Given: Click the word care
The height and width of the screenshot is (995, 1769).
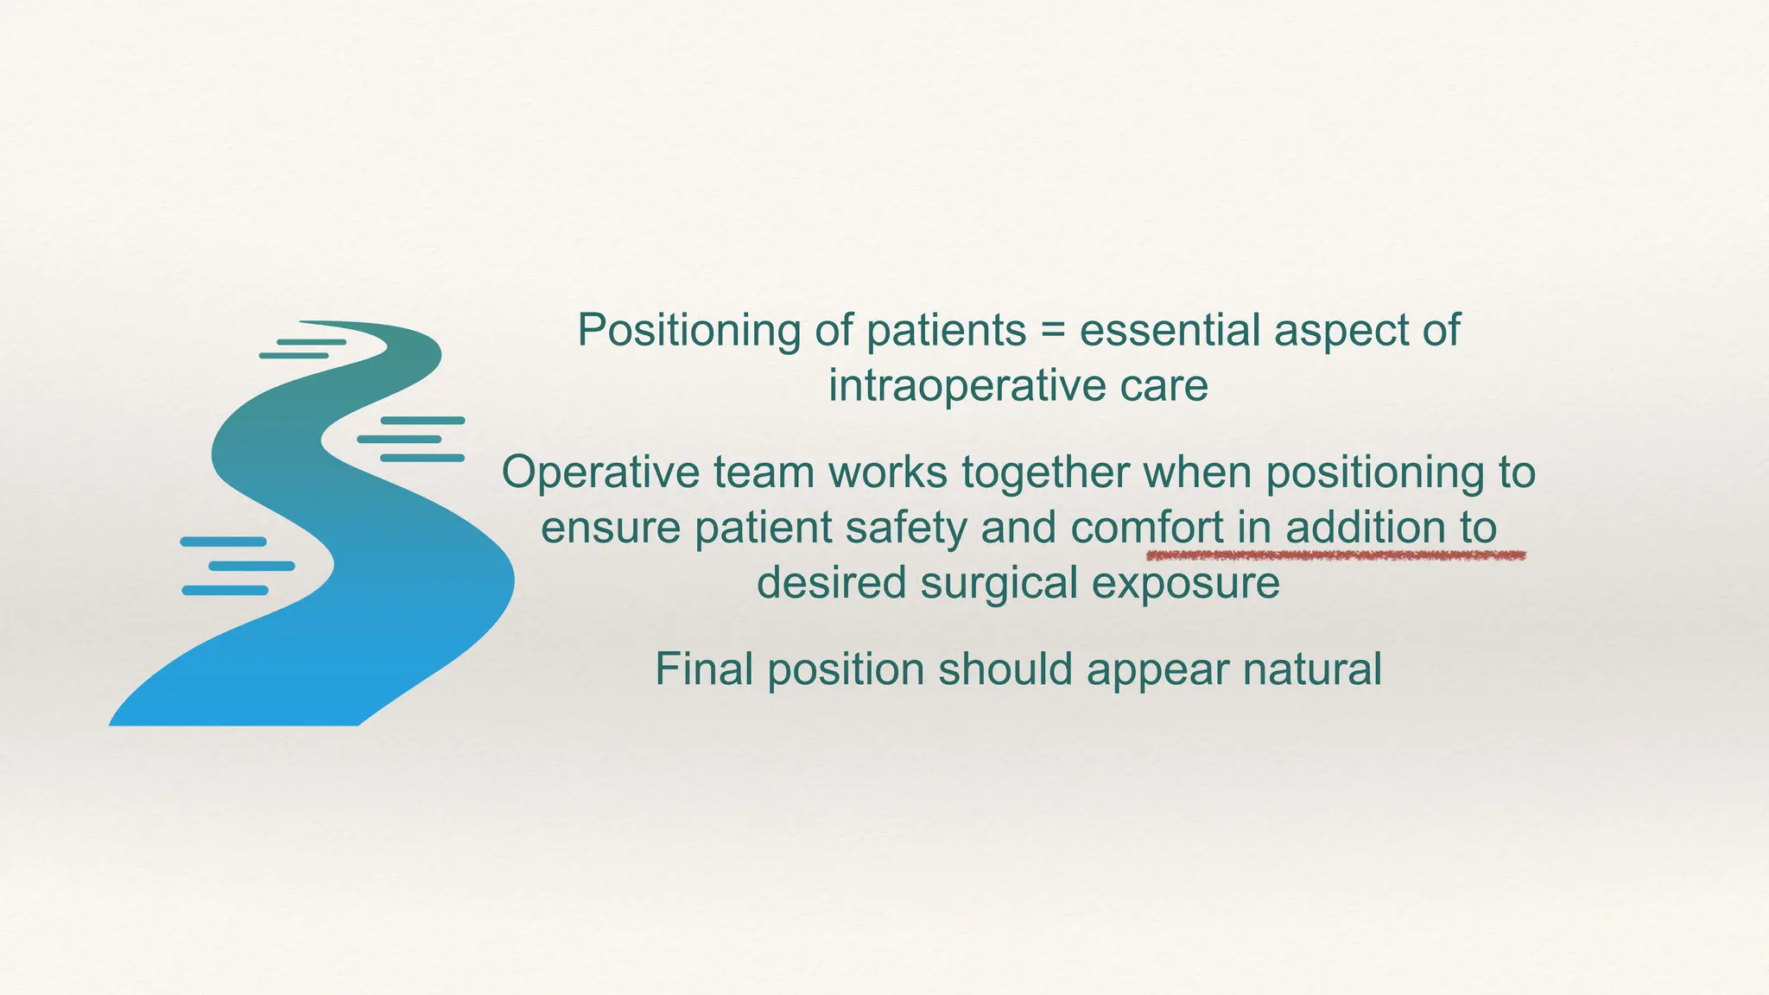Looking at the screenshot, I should (1164, 386).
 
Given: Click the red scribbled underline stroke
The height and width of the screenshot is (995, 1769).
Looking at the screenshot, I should (1335, 556).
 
